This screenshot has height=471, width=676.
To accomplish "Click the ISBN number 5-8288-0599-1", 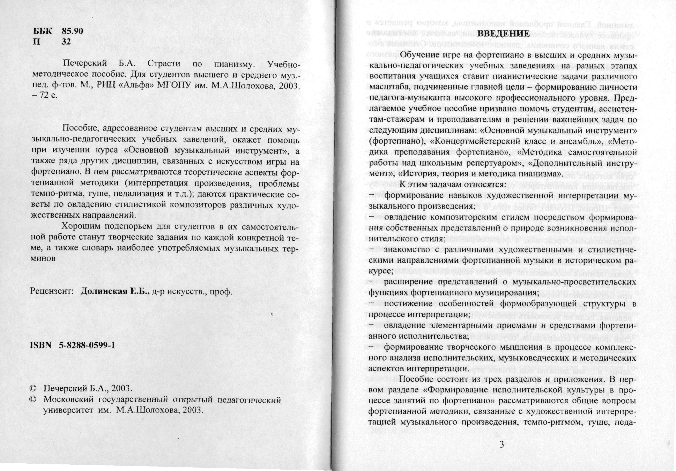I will (x=87, y=346).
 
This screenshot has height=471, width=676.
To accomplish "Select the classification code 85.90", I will (x=72, y=31).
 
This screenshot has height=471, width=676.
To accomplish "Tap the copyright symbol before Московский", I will (x=34, y=400).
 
